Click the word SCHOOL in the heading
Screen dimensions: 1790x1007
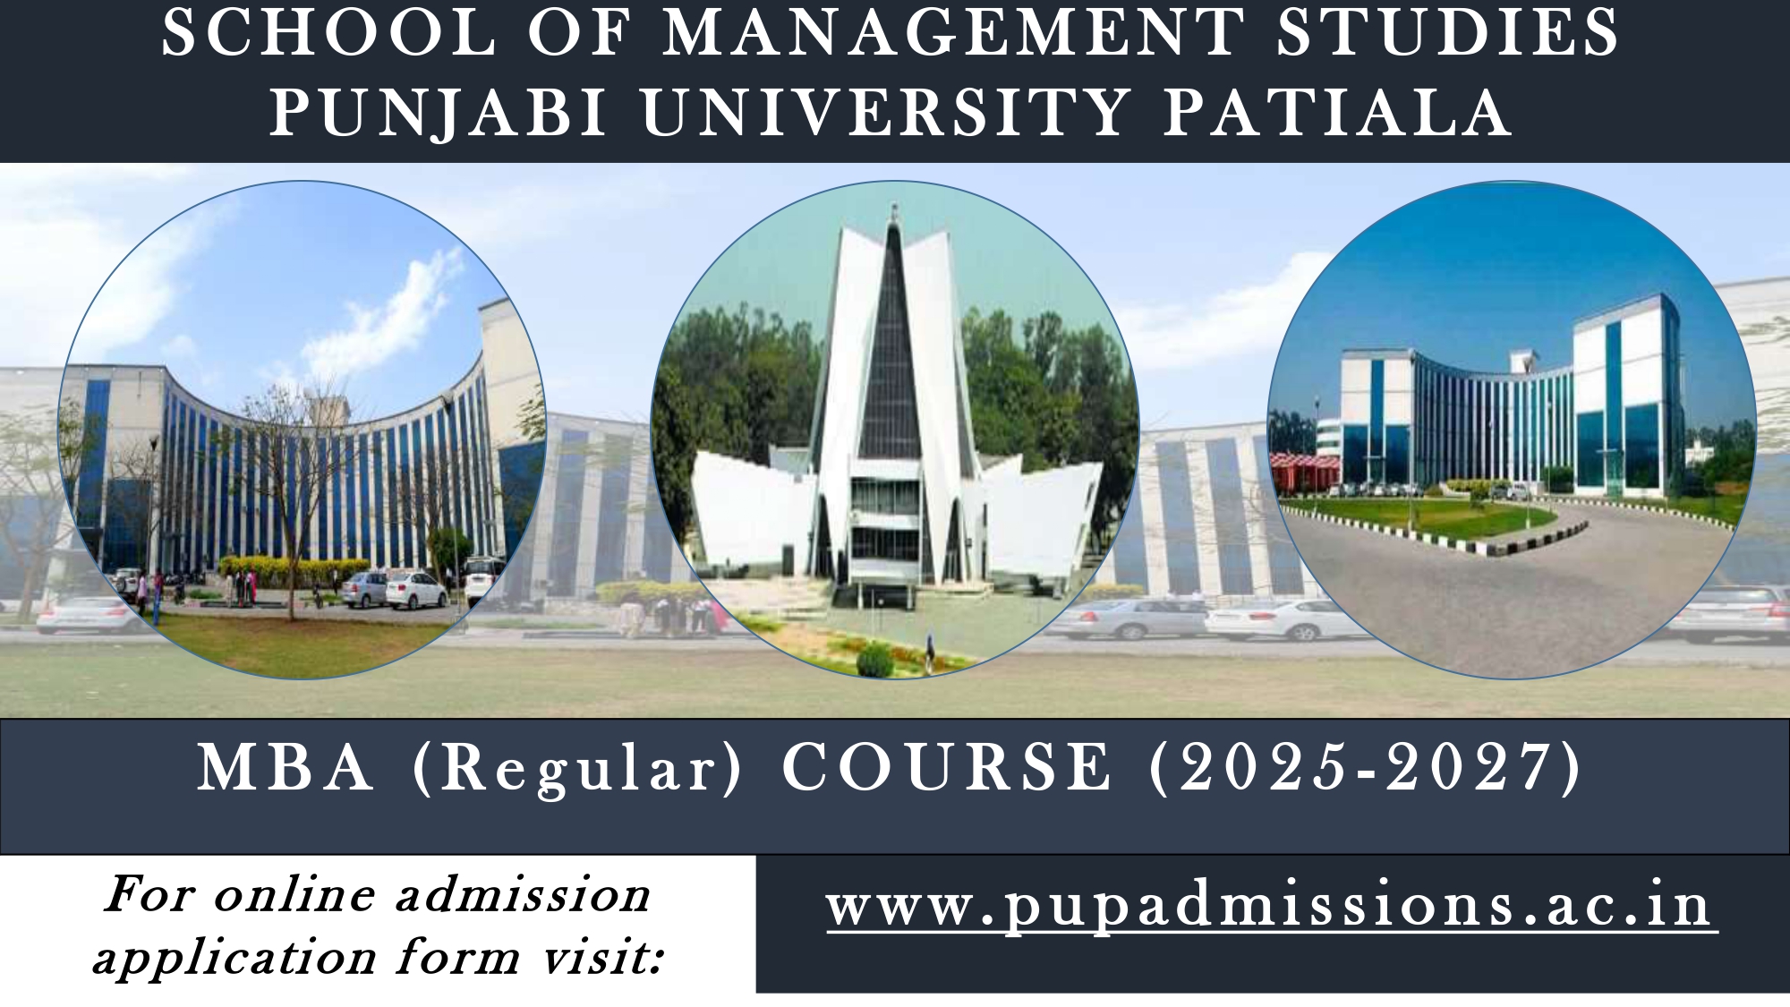click(328, 33)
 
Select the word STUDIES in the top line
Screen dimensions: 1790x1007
click(1447, 33)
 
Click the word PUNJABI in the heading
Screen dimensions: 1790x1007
click(438, 112)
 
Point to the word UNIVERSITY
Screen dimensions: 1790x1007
click(884, 112)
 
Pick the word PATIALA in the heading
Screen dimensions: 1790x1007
click(1338, 112)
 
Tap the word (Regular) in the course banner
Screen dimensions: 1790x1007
click(576, 770)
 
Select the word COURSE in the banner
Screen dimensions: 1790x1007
click(946, 767)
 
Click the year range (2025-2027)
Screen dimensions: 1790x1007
click(1365, 768)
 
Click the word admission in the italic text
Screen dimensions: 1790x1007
click(523, 894)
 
